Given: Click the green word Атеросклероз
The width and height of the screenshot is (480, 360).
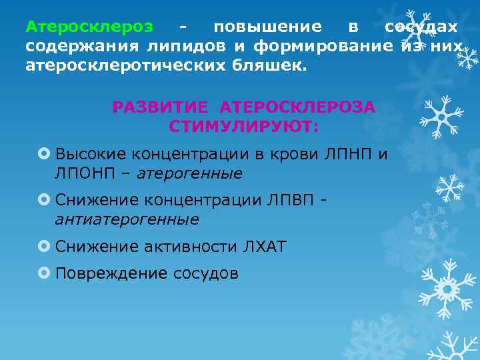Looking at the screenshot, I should [x=89, y=27].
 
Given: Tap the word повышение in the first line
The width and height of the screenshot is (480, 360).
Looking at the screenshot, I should [x=267, y=27].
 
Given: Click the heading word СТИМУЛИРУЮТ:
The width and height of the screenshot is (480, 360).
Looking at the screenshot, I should [x=244, y=126].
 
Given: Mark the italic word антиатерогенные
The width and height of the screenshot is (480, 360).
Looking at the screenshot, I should [x=127, y=219].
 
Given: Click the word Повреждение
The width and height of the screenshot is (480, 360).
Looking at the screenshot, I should [x=111, y=273].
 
